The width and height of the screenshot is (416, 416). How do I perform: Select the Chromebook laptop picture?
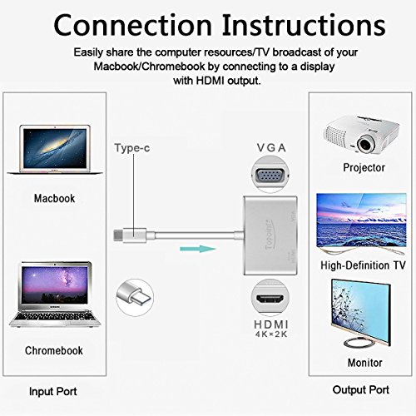[55, 290]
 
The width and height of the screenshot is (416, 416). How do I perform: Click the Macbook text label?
[55, 199]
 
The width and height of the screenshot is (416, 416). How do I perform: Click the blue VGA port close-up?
[267, 176]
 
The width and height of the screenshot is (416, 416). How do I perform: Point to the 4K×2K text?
[268, 337]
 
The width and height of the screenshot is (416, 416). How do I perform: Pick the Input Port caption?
[55, 391]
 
